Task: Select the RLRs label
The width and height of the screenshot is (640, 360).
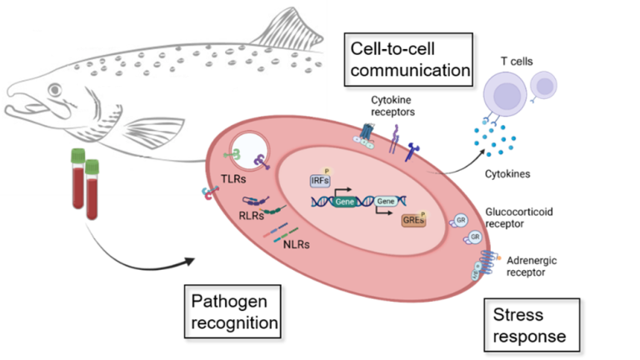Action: pyautogui.click(x=250, y=215)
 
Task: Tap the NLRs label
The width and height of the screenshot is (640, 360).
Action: pyautogui.click(x=297, y=244)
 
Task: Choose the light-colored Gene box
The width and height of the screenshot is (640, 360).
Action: pyautogui.click(x=386, y=202)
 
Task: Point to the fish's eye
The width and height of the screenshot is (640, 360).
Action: pyautogui.click(x=55, y=89)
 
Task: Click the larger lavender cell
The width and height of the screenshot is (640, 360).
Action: pyautogui.click(x=506, y=93)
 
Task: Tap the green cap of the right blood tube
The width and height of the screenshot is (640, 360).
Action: pyautogui.click(x=92, y=166)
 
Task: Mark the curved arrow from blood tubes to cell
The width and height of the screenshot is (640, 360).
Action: pyautogui.click(x=133, y=254)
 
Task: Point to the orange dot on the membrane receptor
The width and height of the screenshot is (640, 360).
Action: pyautogui.click(x=499, y=258)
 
